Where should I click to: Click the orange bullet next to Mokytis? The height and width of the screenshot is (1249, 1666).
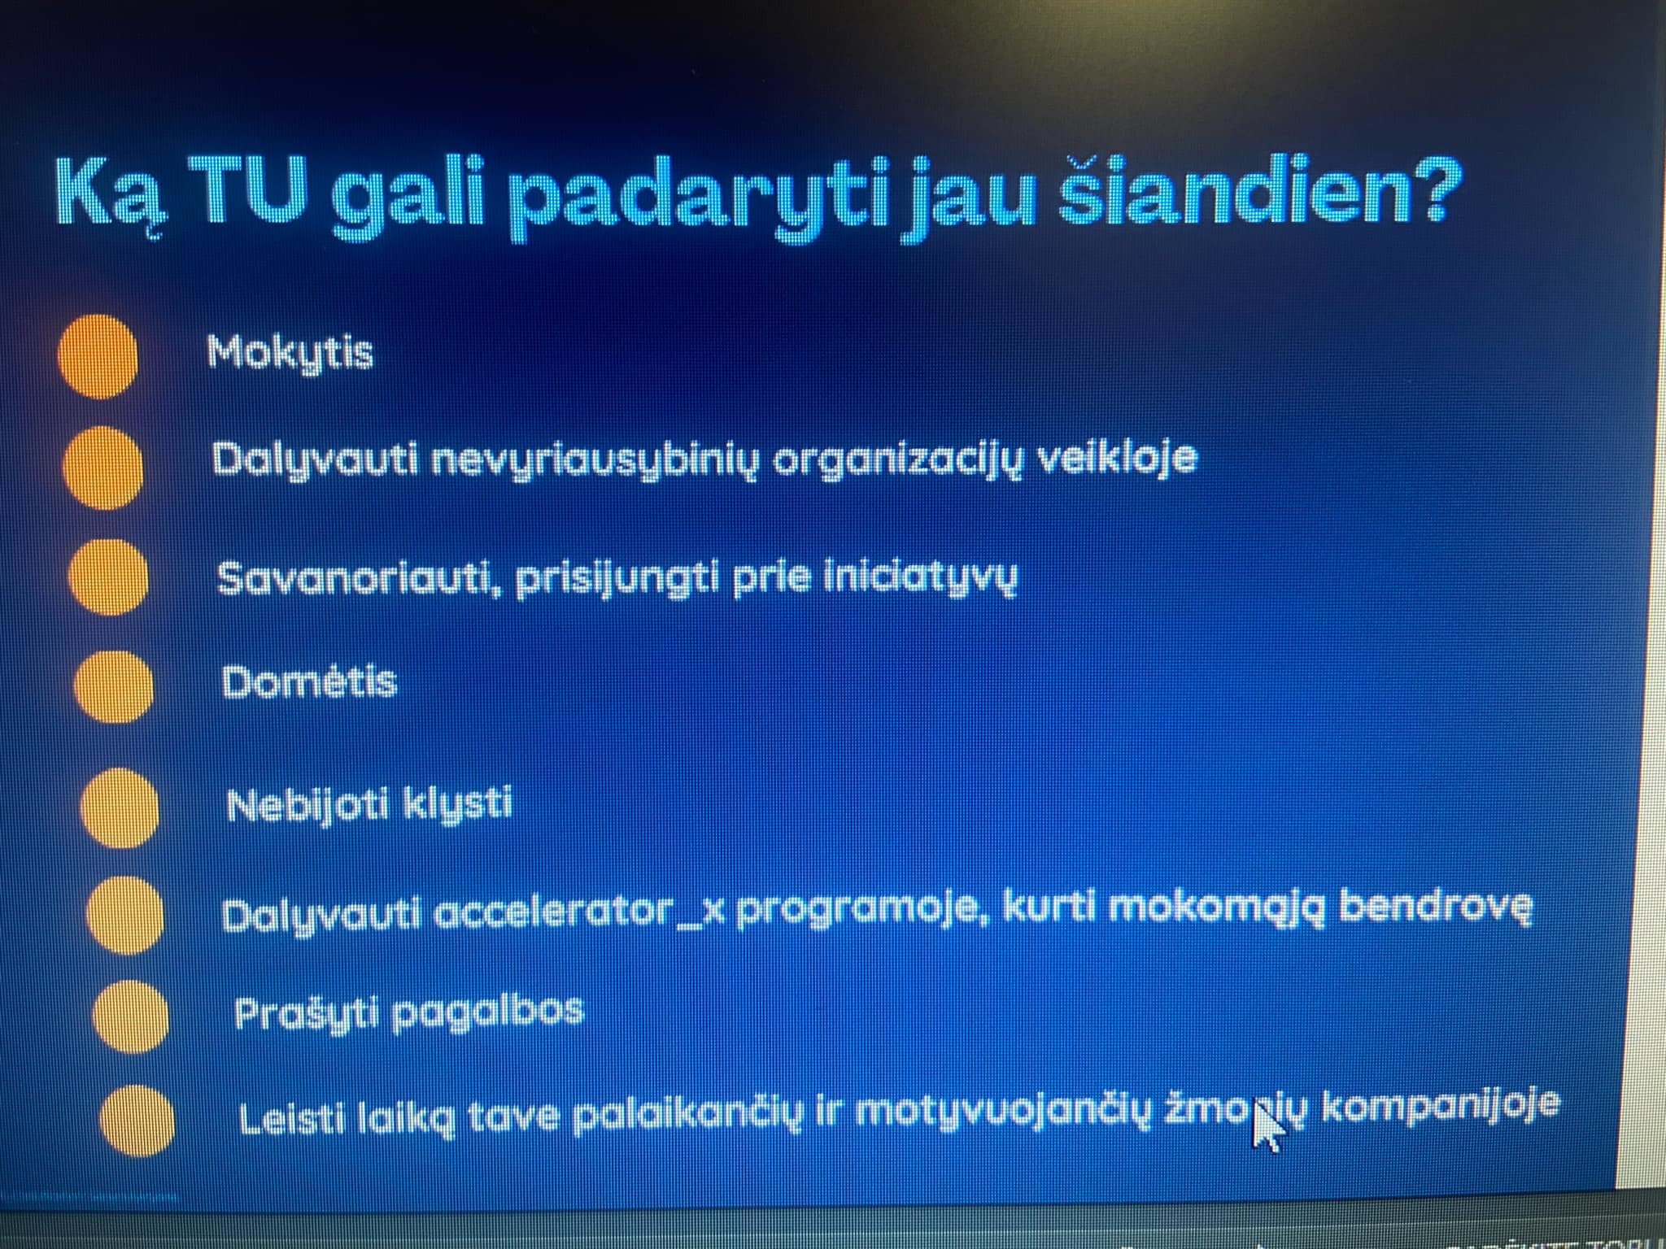pos(98,356)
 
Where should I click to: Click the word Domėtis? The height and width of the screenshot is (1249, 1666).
pos(309,682)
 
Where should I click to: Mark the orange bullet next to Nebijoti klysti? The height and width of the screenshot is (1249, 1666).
pos(120,808)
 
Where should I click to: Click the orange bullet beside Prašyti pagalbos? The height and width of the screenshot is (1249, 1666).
pos(131,1017)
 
